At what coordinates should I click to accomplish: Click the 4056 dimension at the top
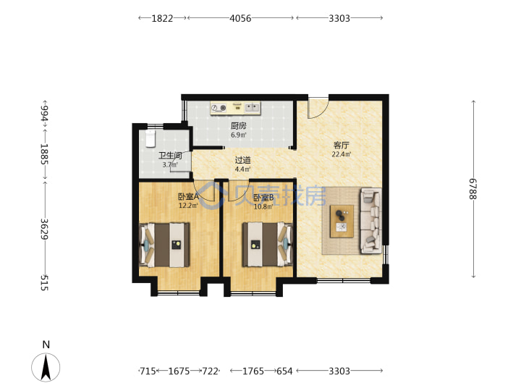click(240, 18)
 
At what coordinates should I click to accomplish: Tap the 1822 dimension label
click(162, 18)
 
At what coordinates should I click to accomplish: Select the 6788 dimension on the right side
click(473, 189)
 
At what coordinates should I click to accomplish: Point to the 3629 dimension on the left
click(45, 229)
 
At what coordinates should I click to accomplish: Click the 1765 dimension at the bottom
click(253, 371)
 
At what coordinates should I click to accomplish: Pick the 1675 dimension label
click(179, 371)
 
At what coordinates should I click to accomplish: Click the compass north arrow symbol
click(46, 367)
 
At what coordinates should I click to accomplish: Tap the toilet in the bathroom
click(151, 138)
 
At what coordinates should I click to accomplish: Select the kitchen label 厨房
click(239, 126)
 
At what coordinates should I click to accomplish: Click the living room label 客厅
click(342, 146)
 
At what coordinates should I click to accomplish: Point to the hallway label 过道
click(243, 160)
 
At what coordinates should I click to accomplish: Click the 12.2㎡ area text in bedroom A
click(188, 206)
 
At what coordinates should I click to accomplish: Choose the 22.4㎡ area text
click(342, 154)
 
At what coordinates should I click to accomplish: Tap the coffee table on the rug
click(342, 222)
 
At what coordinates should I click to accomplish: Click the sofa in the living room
click(370, 221)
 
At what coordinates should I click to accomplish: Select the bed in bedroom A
click(164, 245)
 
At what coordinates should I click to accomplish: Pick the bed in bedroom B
click(268, 245)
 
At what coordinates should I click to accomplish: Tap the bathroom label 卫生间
click(170, 156)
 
